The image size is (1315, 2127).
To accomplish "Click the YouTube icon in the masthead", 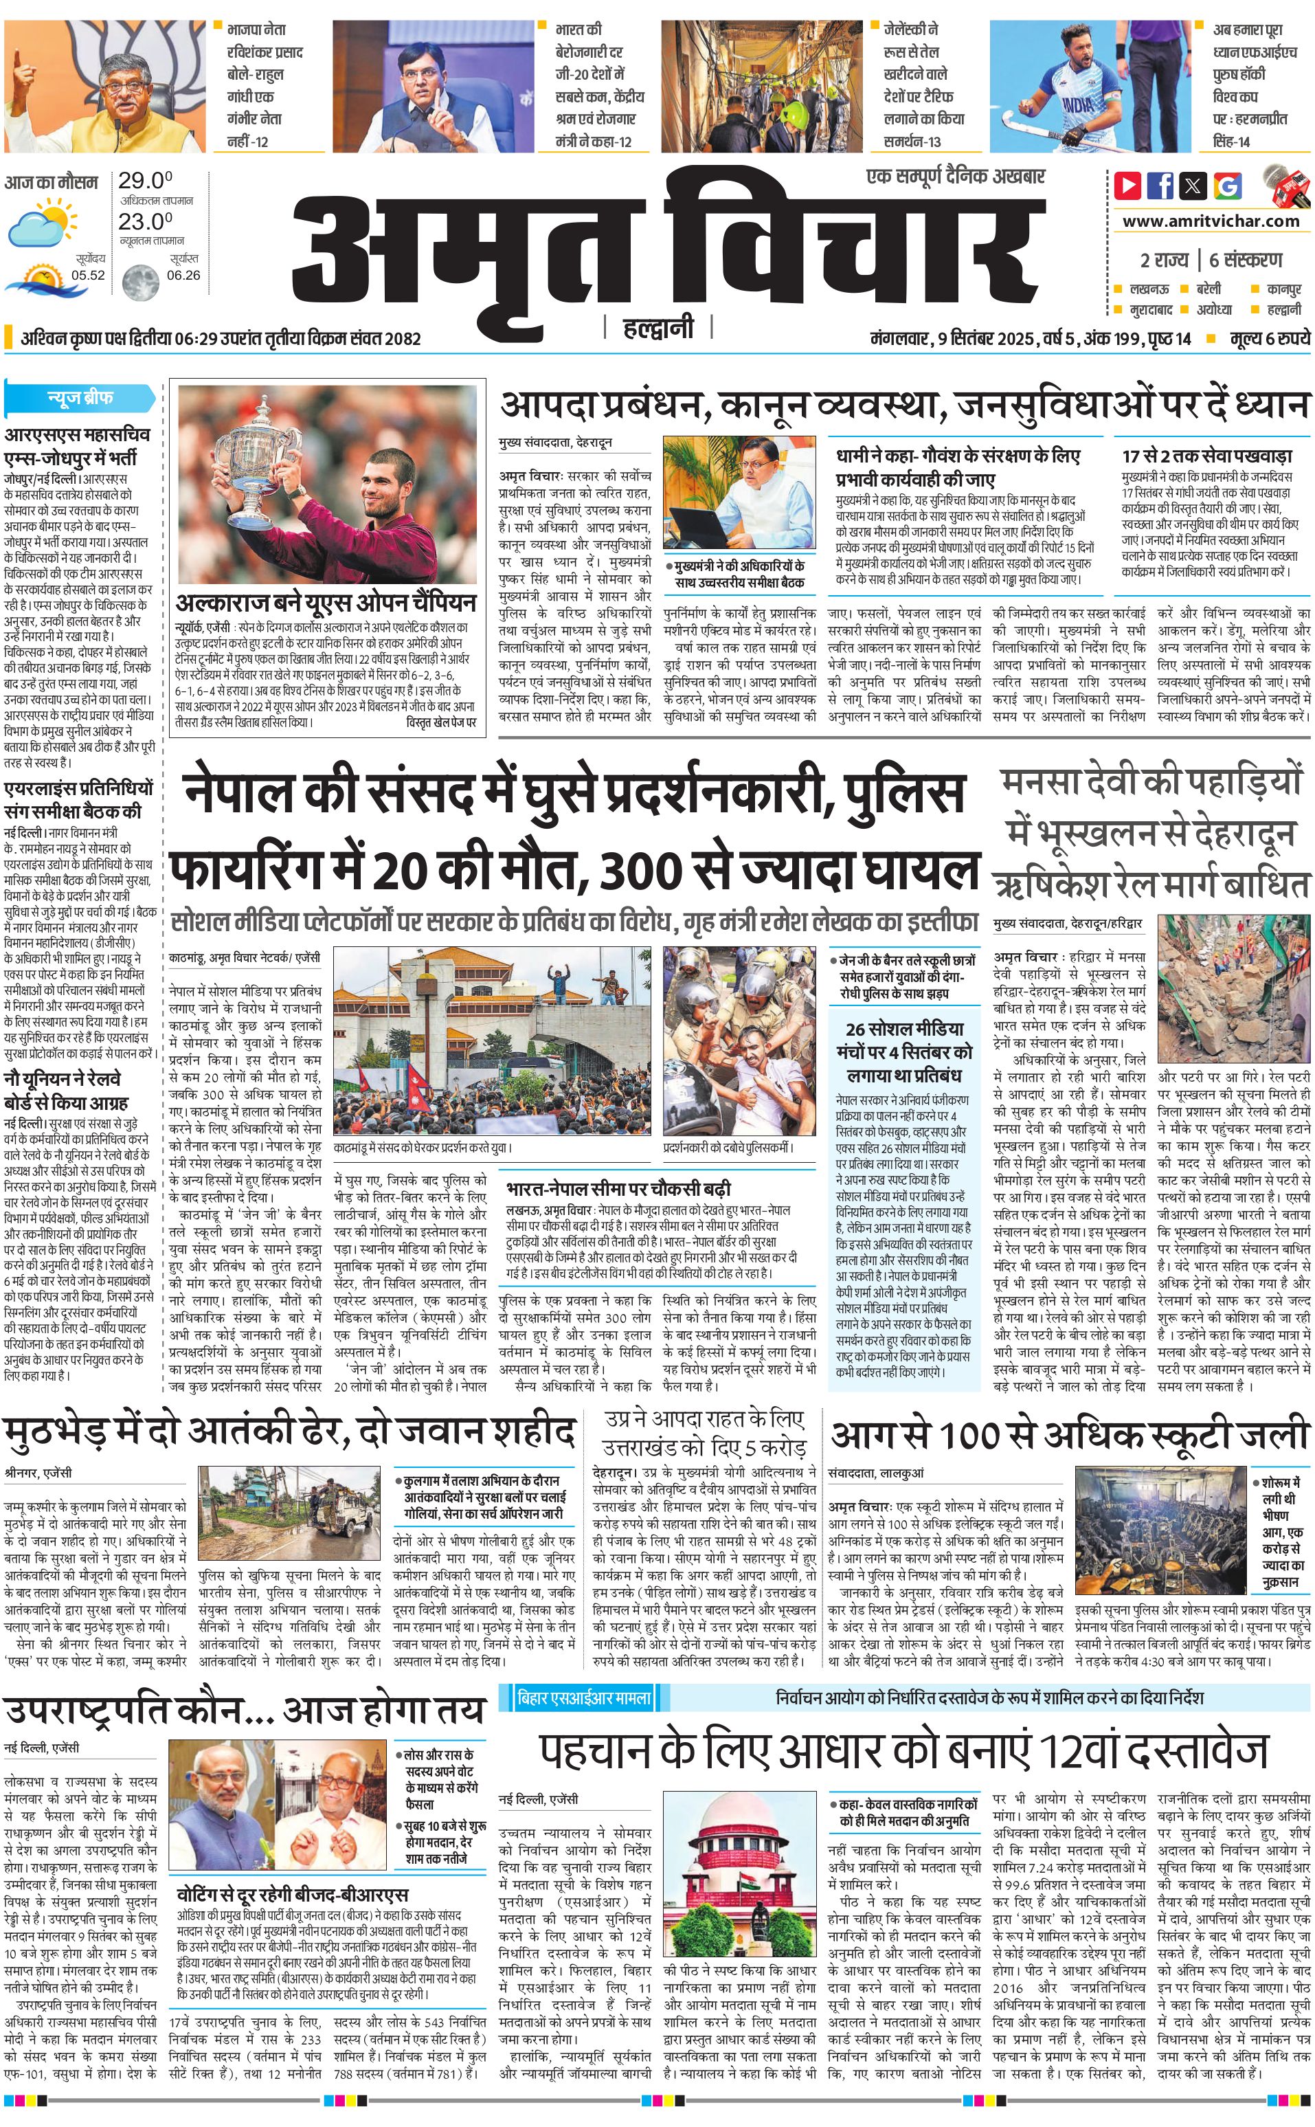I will point(1128,186).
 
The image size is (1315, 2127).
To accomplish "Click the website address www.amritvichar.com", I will point(1210,221).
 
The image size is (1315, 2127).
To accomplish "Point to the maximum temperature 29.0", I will point(145,181).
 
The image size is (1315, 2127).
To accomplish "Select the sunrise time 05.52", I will point(88,275).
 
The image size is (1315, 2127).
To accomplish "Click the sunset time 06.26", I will point(183,275).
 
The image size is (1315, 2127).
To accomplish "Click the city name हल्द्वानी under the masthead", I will point(657,328).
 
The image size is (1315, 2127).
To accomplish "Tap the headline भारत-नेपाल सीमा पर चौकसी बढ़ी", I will point(618,1188).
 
